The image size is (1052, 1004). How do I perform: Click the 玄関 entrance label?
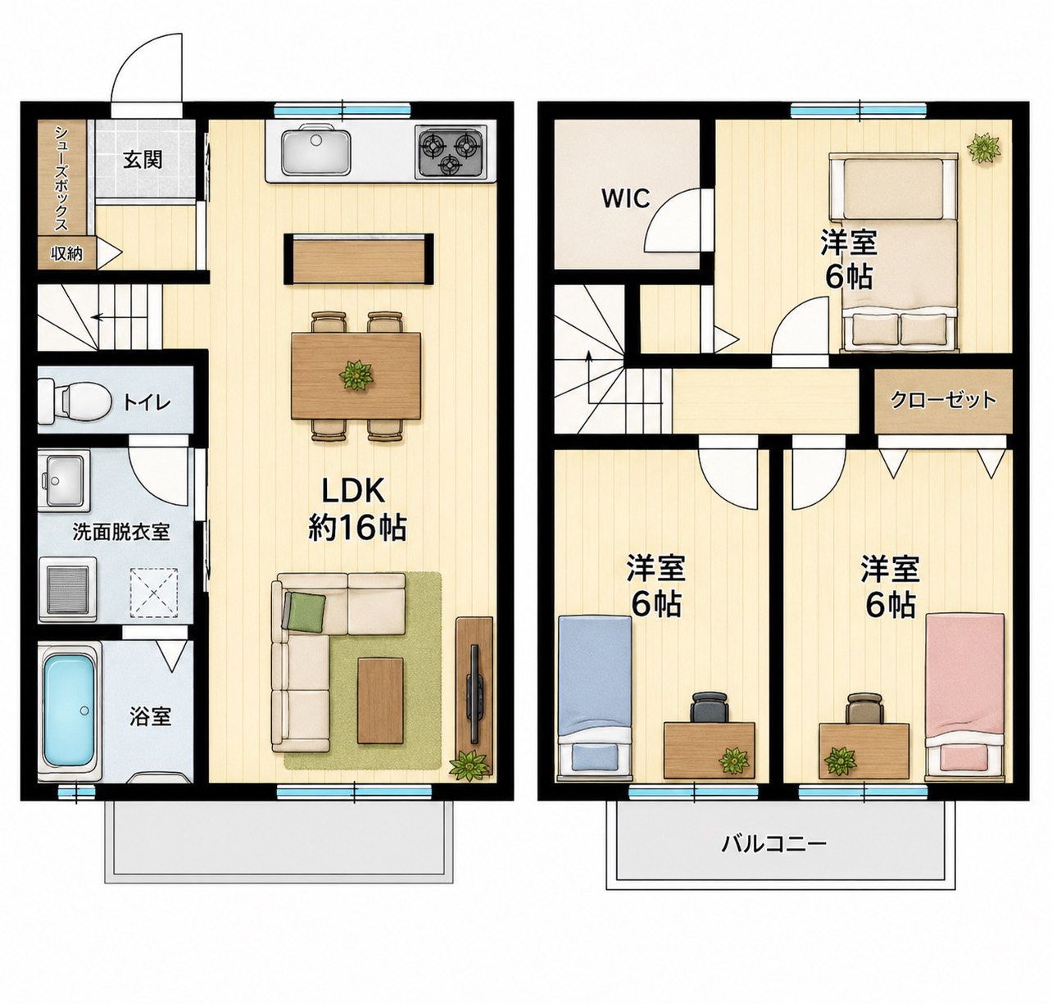[143, 160]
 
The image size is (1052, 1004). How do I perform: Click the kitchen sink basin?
[316, 151]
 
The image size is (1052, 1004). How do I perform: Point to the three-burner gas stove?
[452, 152]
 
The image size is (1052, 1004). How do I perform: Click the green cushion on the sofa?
[306, 612]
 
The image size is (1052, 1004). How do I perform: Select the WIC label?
[625, 198]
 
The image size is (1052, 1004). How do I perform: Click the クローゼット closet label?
[943, 399]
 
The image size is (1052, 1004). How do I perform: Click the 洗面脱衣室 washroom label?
[121, 532]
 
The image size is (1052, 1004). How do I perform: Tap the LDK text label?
[352, 490]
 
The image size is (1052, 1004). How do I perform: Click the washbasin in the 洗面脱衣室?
[64, 480]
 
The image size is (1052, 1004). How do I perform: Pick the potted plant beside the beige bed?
[984, 148]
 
